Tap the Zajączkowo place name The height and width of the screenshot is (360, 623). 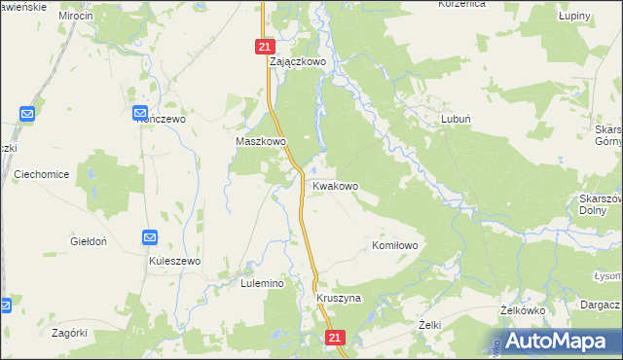(x=297, y=60)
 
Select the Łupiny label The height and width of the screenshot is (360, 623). (x=576, y=18)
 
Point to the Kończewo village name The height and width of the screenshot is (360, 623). (x=160, y=119)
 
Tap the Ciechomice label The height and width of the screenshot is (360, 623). (x=41, y=174)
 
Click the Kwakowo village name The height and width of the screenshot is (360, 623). (x=335, y=186)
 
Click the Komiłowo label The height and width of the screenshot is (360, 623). (x=395, y=246)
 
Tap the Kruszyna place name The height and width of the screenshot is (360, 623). (x=339, y=298)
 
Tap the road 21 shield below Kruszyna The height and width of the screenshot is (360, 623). (x=335, y=338)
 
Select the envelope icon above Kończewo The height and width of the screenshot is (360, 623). (x=141, y=114)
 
